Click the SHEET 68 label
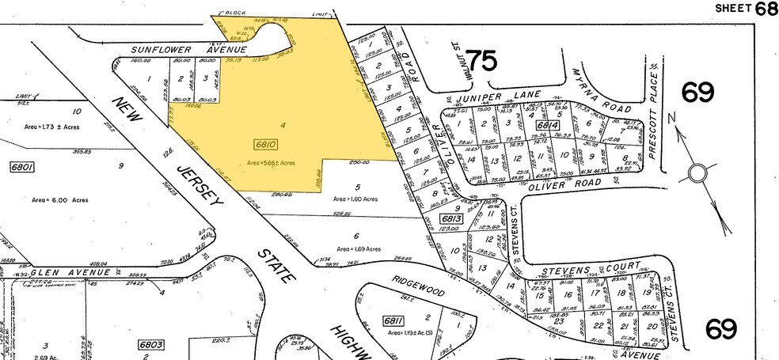746,8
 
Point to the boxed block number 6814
545,124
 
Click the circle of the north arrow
697,172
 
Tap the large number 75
484,62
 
